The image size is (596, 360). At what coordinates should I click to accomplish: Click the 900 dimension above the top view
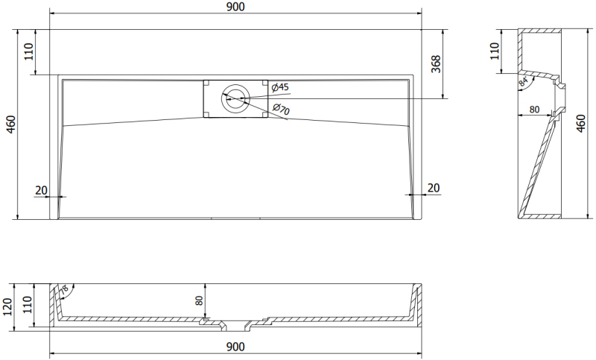(x=235, y=7)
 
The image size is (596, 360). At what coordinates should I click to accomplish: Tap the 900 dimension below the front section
(x=235, y=347)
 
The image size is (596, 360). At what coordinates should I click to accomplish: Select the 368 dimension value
(x=436, y=64)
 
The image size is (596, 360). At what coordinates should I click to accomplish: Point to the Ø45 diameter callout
(x=280, y=87)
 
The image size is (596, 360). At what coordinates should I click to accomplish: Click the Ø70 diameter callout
(x=282, y=109)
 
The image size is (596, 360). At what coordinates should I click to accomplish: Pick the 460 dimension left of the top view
(x=11, y=124)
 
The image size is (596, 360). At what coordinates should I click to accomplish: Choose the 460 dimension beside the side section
(x=581, y=123)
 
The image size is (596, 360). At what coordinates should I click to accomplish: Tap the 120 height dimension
(x=7, y=307)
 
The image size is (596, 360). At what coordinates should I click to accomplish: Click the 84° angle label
(x=524, y=82)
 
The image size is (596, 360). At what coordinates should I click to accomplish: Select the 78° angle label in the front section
(x=64, y=290)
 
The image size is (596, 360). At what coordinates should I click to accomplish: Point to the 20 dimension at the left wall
(x=41, y=190)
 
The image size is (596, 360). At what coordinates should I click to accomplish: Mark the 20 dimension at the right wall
(x=434, y=188)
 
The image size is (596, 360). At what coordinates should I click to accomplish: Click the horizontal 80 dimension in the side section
(x=534, y=110)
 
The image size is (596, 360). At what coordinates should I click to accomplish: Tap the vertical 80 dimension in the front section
(x=199, y=300)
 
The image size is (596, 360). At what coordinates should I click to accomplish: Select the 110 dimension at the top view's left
(x=29, y=51)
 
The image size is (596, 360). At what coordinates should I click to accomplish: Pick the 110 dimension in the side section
(x=494, y=51)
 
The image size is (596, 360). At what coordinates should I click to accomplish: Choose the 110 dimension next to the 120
(x=28, y=305)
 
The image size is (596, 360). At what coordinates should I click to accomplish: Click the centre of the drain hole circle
(x=235, y=99)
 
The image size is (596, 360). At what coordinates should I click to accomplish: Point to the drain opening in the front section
(x=235, y=326)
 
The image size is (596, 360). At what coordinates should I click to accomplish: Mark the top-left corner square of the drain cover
(x=206, y=83)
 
